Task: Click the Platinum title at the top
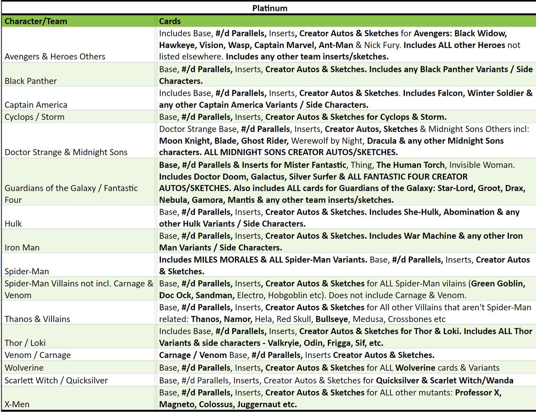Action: tap(270, 8)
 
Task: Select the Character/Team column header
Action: tap(36, 21)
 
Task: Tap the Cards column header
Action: tap(170, 21)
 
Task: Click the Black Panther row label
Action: tap(31, 81)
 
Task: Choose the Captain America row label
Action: tap(36, 105)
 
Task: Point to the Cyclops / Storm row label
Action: tap(34, 117)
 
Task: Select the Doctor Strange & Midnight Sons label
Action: tap(66, 152)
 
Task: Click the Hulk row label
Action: tap(13, 224)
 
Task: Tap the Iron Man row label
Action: tap(22, 247)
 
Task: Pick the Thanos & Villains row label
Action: tap(37, 319)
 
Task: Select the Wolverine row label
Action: tap(24, 367)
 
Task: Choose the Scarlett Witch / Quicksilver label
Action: tap(56, 380)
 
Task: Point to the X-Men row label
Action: tap(17, 404)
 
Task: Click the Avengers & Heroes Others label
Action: tap(55, 56)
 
